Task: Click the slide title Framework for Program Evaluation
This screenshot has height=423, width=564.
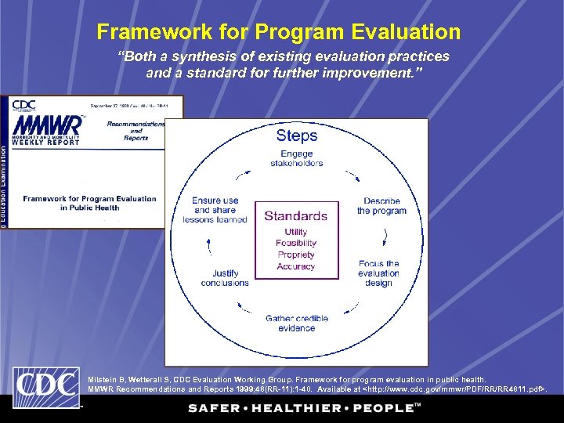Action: pos(278,32)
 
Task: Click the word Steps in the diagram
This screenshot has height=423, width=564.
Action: pos(296,136)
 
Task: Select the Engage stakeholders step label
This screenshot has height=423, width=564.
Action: pos(296,158)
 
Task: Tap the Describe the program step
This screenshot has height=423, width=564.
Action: pos(381,206)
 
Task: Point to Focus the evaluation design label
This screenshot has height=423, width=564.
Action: pos(378,273)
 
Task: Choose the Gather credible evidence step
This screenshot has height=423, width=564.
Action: pos(296,324)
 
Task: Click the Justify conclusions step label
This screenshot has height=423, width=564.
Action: pos(225,278)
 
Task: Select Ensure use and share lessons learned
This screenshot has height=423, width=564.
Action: pos(215,210)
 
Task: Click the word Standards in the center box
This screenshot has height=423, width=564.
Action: pos(295,215)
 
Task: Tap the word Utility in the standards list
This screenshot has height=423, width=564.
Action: pos(295,232)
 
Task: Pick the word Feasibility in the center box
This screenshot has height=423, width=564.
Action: pos(295,244)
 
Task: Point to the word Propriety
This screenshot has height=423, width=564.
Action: pos(295,255)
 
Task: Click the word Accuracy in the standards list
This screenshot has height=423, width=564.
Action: pos(295,266)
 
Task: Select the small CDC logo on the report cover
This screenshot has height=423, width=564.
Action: pos(23,104)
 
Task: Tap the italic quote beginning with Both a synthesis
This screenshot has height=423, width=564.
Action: pos(283,65)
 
